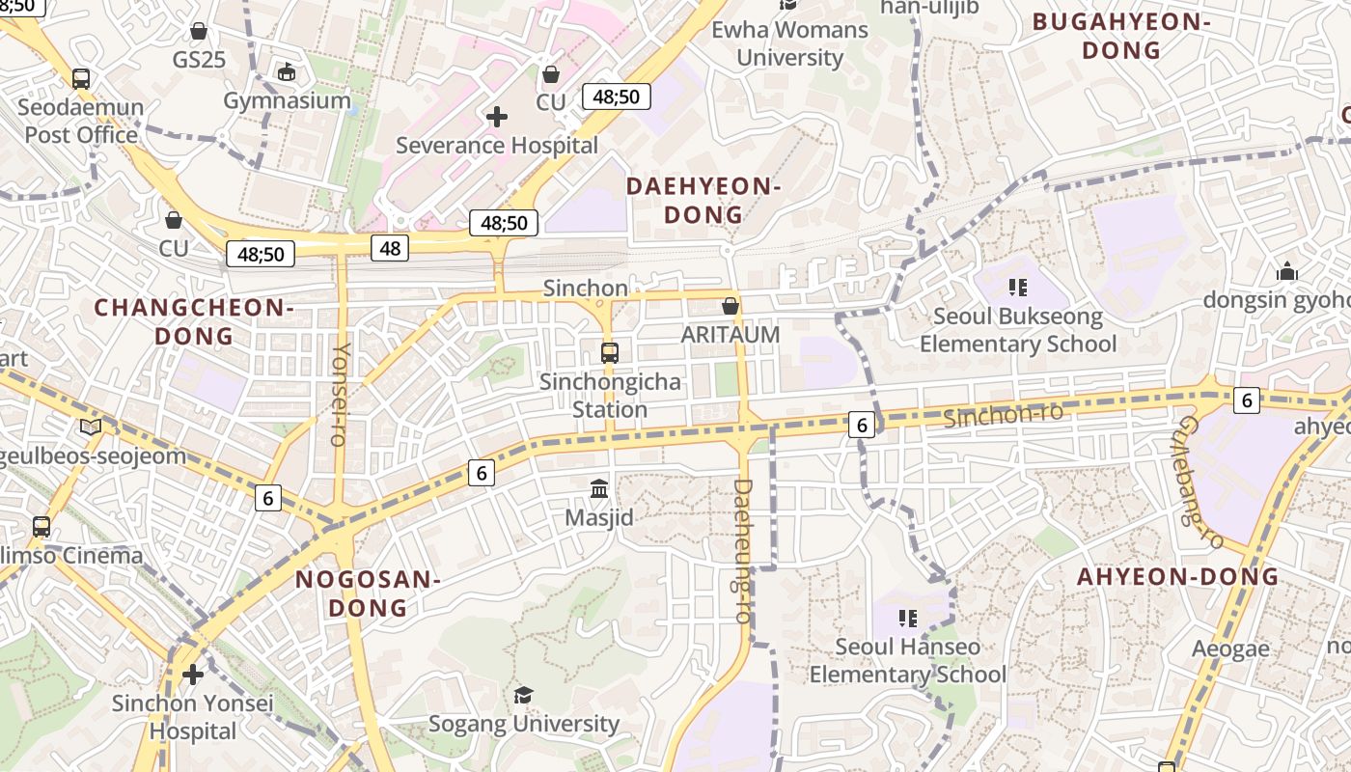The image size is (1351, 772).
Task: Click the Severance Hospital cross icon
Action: tap(497, 117)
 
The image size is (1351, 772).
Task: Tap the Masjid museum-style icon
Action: tap(599, 489)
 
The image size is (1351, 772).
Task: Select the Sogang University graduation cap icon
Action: tap(523, 695)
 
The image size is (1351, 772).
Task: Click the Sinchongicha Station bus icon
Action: tap(610, 352)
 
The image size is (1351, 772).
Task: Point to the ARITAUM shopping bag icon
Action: tap(731, 306)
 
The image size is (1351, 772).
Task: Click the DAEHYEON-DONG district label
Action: tap(703, 200)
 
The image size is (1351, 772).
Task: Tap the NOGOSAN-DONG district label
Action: tap(368, 593)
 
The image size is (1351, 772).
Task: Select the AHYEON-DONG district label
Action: tap(1177, 577)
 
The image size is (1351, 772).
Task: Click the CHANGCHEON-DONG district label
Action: tap(194, 321)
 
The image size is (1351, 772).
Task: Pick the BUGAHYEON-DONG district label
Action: tap(1121, 36)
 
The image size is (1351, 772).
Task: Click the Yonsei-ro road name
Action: tap(340, 394)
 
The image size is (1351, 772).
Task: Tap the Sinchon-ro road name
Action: tap(1003, 416)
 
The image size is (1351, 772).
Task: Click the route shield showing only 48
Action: tap(390, 248)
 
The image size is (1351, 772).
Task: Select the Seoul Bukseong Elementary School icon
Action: tap(1016, 288)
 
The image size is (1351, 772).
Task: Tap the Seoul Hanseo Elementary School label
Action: tap(907, 660)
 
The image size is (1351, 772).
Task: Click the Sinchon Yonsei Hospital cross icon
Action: tap(193, 674)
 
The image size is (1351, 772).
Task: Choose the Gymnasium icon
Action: tap(287, 71)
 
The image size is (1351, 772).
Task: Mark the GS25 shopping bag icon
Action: tap(199, 31)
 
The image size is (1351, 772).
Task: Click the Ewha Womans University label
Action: tap(789, 43)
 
